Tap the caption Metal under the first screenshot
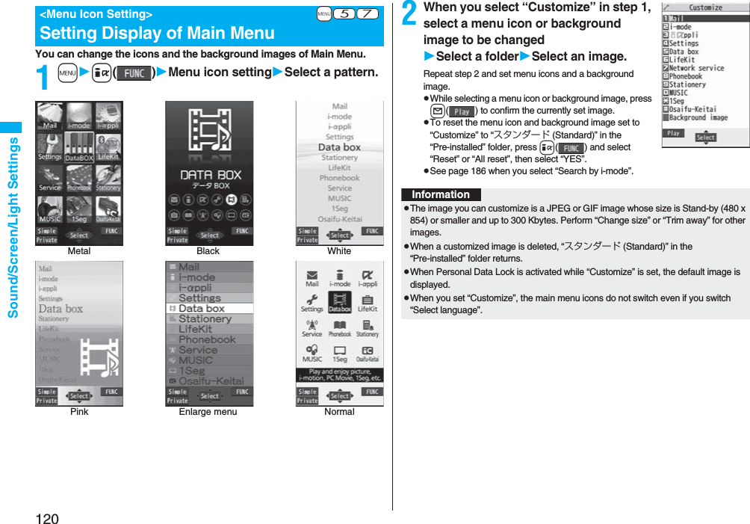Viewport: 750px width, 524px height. coord(79,251)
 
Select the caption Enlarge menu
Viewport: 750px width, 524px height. coord(208,412)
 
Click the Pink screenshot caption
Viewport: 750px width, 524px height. coord(79,412)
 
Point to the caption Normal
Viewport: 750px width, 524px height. coord(339,412)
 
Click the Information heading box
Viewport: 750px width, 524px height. coord(441,194)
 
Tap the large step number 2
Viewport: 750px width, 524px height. coord(410,14)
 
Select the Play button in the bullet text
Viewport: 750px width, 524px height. coord(462,111)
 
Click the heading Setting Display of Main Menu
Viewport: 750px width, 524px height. coord(157,33)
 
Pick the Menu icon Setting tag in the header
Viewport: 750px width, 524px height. coord(96,14)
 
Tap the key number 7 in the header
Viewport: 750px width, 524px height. coord(366,14)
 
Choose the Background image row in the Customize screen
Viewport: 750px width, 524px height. coord(698,117)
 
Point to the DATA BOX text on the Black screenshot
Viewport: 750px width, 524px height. coord(210,175)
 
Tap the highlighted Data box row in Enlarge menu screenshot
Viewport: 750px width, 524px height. coord(209,308)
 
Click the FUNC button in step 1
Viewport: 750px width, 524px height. coord(134,73)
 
